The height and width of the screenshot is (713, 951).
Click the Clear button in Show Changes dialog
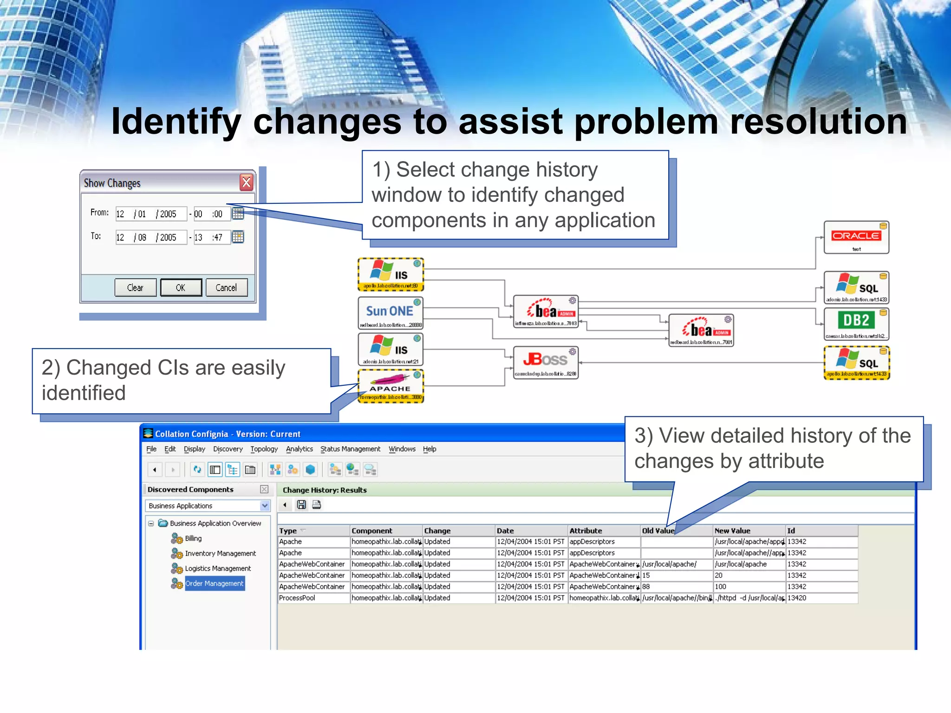pos(135,288)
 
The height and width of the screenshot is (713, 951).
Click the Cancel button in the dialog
pos(226,288)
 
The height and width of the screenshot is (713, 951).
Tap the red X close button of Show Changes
pos(247,182)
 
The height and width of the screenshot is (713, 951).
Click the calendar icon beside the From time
pos(238,214)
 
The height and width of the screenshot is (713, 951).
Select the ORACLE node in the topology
pos(856,237)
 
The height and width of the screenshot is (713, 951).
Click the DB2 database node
pos(856,324)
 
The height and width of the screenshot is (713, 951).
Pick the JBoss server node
pos(546,362)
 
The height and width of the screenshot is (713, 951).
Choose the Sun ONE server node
pos(390,313)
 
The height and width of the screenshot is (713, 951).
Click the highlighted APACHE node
pos(391,386)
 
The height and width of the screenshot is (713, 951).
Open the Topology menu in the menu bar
pos(264,449)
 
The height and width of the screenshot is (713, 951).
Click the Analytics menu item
pos(299,449)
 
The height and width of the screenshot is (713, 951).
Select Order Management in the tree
pos(214,583)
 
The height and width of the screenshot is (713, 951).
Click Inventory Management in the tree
pos(220,553)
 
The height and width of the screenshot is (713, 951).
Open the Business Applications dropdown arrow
pos(265,506)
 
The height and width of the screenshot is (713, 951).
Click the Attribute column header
pos(586,531)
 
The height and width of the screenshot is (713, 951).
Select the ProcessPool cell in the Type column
pos(297,598)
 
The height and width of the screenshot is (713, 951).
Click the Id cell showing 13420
pos(797,598)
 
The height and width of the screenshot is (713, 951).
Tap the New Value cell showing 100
pos(721,587)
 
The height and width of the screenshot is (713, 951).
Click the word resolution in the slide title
pos(818,122)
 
